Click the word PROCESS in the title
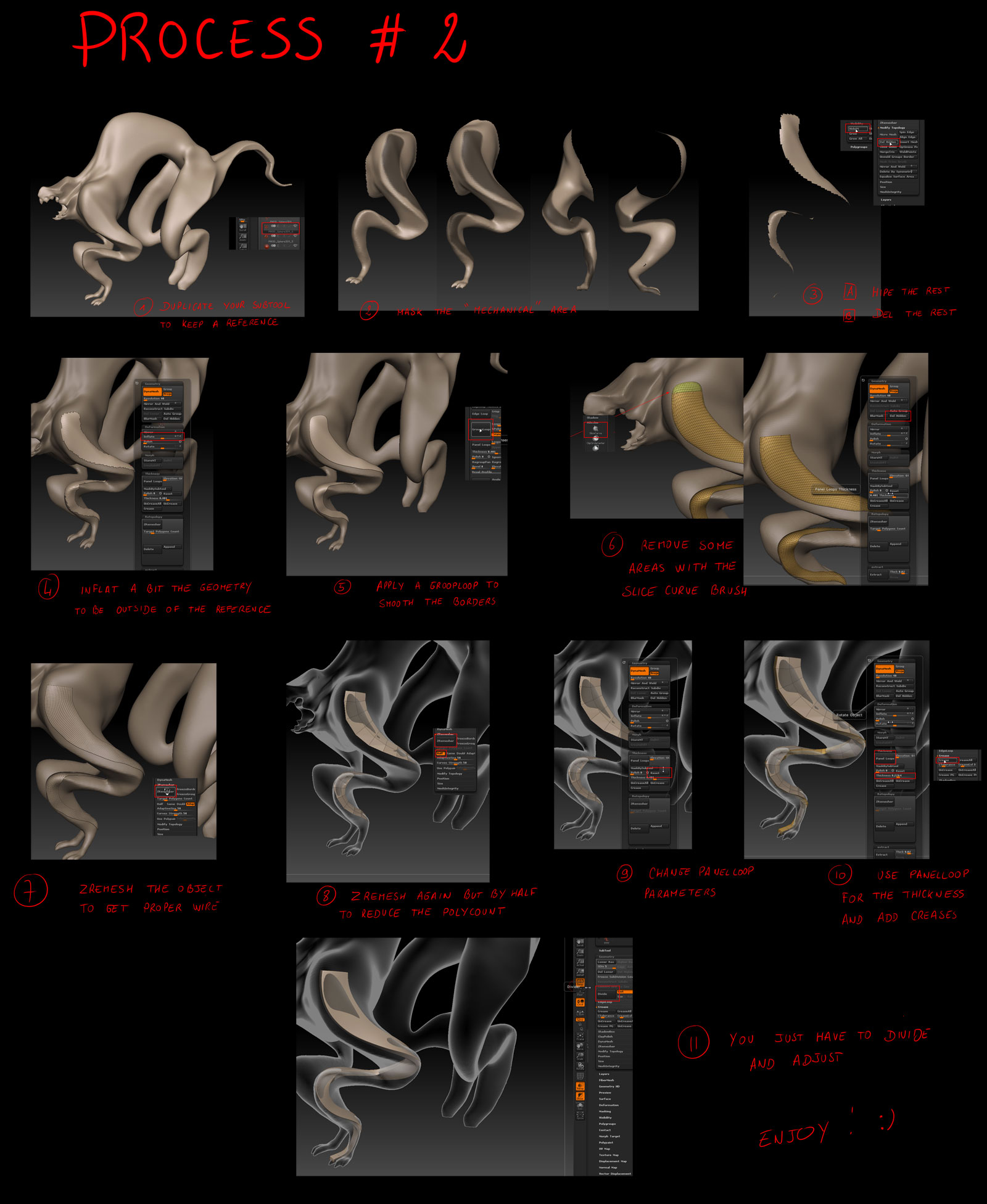tap(199, 38)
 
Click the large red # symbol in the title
tap(387, 38)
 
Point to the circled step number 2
tap(368, 310)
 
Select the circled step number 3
tap(812, 295)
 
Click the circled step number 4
tap(48, 587)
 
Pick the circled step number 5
tap(342, 587)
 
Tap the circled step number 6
tap(612, 545)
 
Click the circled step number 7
tap(30, 891)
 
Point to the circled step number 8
tap(326, 896)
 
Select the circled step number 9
tap(624, 873)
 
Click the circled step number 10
tap(840, 875)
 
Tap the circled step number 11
tap(693, 1042)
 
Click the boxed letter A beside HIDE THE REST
tap(850, 292)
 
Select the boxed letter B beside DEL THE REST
tap(849, 315)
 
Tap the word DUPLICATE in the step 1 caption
tap(187, 307)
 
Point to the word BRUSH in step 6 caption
tap(729, 590)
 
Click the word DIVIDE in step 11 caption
tap(906, 1036)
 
